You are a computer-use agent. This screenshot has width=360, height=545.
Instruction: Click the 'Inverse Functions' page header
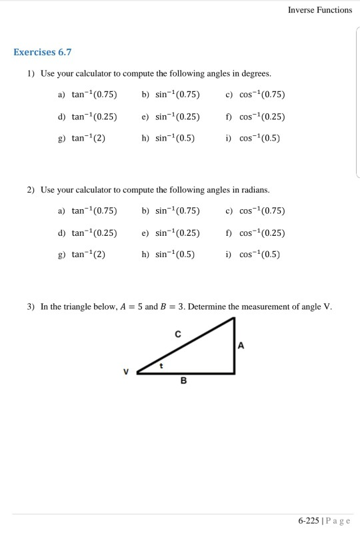coord(320,10)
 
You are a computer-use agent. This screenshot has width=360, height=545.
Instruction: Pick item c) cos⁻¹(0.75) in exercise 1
coord(257,94)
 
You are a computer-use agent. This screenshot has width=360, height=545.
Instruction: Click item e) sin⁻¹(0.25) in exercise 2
coord(171,233)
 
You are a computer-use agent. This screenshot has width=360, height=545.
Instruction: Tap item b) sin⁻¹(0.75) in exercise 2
coord(171,211)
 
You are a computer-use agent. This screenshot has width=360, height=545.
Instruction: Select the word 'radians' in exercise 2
coord(255,191)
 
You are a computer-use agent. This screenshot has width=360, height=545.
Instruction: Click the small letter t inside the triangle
coord(161,365)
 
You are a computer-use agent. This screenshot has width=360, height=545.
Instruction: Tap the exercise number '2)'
coord(31,191)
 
